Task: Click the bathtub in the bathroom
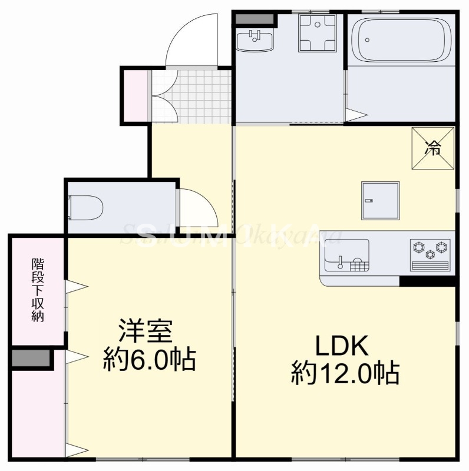(400, 39)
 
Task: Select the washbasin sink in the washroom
(255, 42)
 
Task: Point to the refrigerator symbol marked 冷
(433, 148)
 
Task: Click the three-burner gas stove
(430, 250)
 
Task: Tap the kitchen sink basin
(345, 254)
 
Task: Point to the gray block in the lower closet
(31, 358)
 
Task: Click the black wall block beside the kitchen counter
(427, 281)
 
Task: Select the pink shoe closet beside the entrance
(135, 97)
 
